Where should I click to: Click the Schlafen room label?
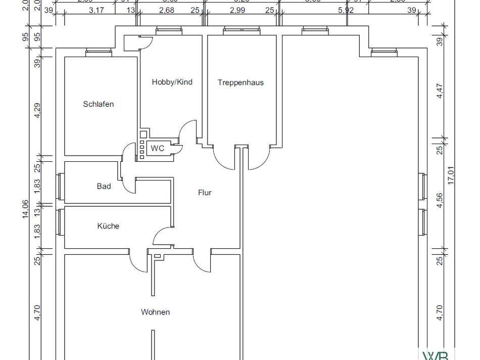click(99, 104)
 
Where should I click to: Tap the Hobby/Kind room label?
click(172, 82)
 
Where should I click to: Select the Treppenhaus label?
click(241, 82)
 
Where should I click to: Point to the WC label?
click(158, 148)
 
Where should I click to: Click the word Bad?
click(104, 186)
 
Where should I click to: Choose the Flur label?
click(205, 193)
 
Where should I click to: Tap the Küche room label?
click(108, 226)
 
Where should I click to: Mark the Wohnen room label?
click(155, 312)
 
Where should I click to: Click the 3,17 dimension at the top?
click(95, 11)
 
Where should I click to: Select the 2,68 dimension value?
click(167, 11)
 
